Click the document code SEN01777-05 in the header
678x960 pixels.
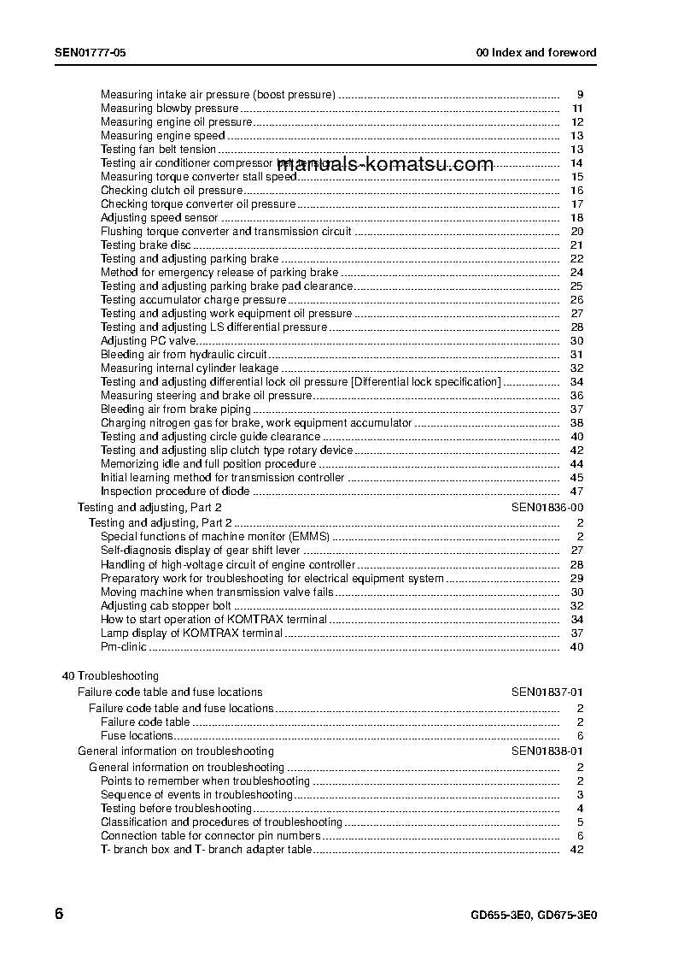coord(91,52)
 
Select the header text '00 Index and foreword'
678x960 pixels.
coord(536,52)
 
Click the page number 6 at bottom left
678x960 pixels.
coord(59,913)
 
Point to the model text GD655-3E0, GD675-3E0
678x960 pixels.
coord(534,914)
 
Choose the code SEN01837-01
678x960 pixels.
coord(547,692)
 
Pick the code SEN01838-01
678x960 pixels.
coord(547,751)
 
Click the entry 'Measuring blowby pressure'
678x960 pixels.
coord(169,109)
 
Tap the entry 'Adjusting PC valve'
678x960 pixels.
coord(149,341)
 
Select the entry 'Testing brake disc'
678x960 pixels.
coord(145,245)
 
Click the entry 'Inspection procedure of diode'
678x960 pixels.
coord(175,492)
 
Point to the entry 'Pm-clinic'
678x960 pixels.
coord(124,647)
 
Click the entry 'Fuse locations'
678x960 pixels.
coord(137,736)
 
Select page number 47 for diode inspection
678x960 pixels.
coord(576,492)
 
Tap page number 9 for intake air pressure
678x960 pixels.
coord(580,95)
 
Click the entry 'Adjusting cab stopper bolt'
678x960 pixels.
coord(166,606)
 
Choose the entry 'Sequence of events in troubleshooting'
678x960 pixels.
coord(196,795)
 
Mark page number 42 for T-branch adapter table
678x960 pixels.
coord(576,850)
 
